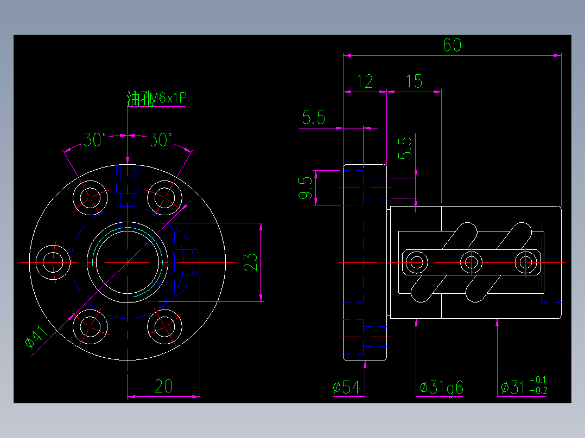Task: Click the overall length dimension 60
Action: pyautogui.click(x=452, y=45)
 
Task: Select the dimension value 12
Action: pyautogui.click(x=365, y=82)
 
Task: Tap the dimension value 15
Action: pyautogui.click(x=414, y=82)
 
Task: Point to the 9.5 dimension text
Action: pyautogui.click(x=306, y=188)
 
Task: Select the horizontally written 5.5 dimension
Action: pyautogui.click(x=314, y=118)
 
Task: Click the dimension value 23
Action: pyautogui.click(x=251, y=262)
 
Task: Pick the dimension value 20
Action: pyautogui.click(x=163, y=387)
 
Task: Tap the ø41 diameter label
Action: pyautogui.click(x=37, y=338)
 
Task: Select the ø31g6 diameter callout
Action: pyautogui.click(x=441, y=388)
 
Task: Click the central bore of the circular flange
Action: pyautogui.click(x=127, y=262)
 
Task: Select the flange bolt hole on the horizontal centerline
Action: pyautogui.click(x=54, y=262)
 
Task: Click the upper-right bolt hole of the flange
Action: pyautogui.click(x=164, y=196)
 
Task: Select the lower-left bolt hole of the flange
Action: pyautogui.click(x=91, y=327)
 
